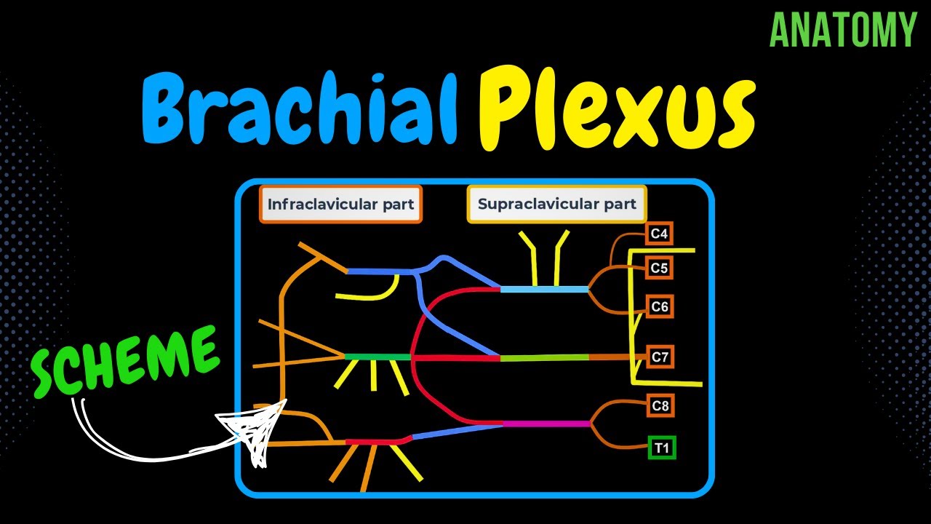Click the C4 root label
pos(659,234)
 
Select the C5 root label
pos(659,268)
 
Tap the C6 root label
pos(659,306)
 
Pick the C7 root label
pos(659,357)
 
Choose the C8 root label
pos(660,406)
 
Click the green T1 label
pos(661,448)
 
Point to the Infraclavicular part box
pos(340,205)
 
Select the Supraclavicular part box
pos(556,205)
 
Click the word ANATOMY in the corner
pos(843,31)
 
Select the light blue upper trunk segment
pos(544,290)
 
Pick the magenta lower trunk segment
pos(546,424)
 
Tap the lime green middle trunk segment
pos(544,357)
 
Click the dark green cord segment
pos(377,357)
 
